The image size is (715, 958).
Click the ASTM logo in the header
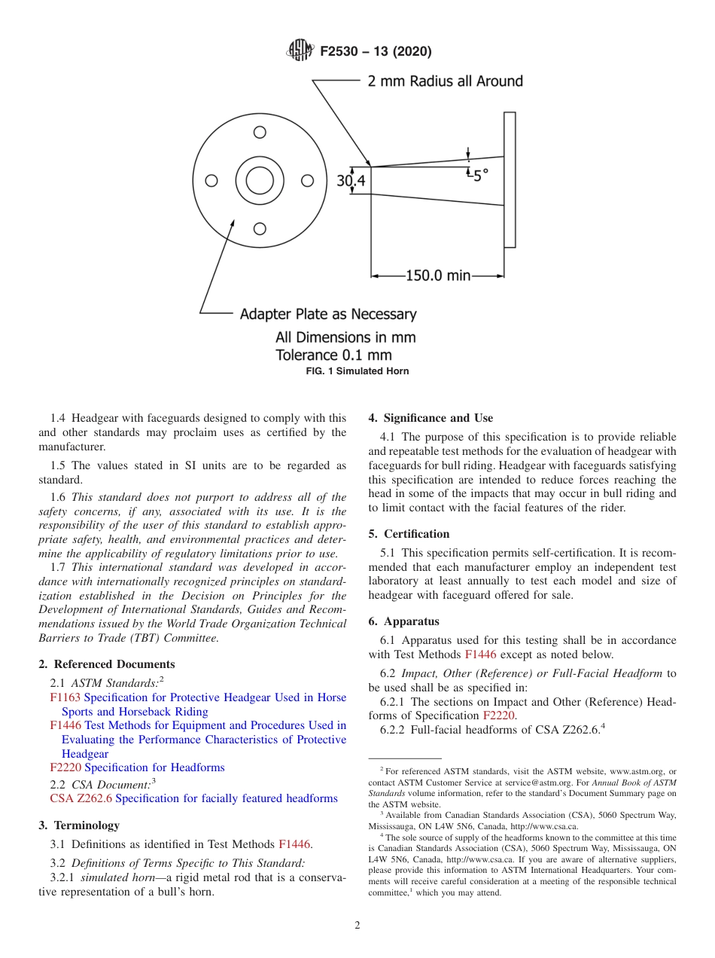(x=301, y=51)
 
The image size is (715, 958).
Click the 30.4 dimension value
(x=351, y=181)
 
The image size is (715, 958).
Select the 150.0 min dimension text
(x=437, y=276)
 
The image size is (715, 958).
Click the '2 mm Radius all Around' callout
(x=445, y=81)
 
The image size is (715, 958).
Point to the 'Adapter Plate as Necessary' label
(x=327, y=313)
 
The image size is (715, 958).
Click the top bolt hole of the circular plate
(x=260, y=133)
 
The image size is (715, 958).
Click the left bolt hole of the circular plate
(x=211, y=181)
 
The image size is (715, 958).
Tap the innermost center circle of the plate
(x=260, y=181)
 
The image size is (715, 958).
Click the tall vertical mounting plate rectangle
(x=510, y=179)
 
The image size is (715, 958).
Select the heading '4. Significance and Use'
(x=431, y=418)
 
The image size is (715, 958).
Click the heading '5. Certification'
(x=409, y=534)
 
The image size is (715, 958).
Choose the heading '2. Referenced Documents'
(x=107, y=664)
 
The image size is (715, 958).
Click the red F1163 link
(x=65, y=697)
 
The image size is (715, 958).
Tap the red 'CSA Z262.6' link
(x=81, y=798)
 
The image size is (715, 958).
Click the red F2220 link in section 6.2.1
(x=499, y=715)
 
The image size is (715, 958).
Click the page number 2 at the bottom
(x=357, y=926)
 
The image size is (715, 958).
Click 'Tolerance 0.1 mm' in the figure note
(x=333, y=355)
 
